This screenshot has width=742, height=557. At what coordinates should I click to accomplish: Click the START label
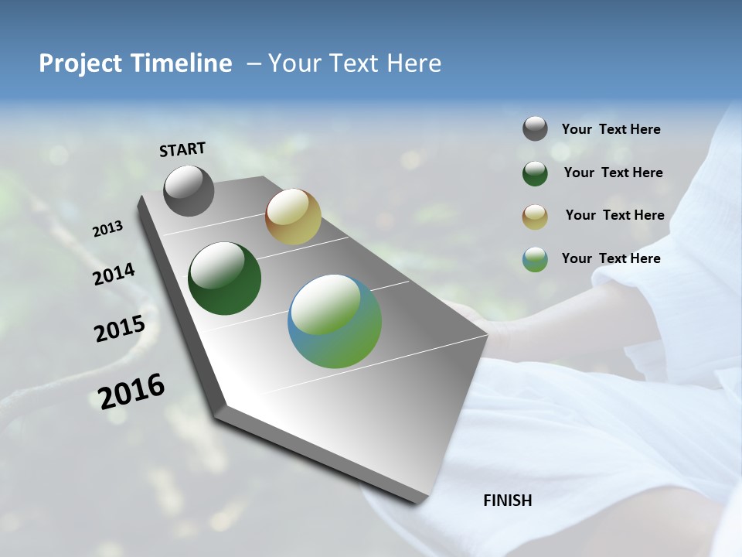[182, 149]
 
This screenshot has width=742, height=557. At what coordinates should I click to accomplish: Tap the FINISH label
[507, 501]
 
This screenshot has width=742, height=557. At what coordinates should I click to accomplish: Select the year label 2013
[108, 229]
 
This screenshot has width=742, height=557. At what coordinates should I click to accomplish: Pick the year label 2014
[114, 275]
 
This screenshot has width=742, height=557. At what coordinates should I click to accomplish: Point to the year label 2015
[120, 329]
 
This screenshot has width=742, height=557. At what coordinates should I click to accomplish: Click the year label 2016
[131, 391]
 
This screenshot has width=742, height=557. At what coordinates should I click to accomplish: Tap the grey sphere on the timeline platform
[189, 190]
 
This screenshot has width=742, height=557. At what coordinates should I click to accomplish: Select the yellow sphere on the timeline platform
[293, 217]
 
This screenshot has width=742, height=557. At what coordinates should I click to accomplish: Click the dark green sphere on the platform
[224, 278]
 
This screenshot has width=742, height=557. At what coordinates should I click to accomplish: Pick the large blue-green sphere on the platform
[335, 321]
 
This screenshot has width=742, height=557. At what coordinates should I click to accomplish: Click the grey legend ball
[535, 128]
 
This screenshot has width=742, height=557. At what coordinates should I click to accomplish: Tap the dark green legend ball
[535, 173]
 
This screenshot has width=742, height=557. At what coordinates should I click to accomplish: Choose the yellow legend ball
[535, 217]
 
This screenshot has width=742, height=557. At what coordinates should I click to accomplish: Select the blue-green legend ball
[535, 259]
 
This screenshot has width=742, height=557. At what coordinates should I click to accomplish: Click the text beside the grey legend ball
[611, 129]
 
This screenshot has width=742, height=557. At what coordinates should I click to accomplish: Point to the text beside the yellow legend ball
[614, 215]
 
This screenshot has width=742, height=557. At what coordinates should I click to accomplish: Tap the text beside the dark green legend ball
[613, 173]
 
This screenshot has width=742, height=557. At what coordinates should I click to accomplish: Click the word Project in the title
[79, 63]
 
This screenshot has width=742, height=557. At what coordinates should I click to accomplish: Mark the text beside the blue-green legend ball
[611, 258]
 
